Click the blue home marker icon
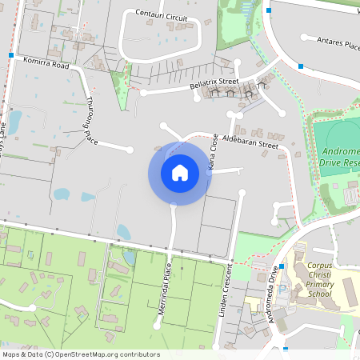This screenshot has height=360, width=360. coord(180,172)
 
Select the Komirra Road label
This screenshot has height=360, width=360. coord(46,64)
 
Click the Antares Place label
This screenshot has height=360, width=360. coord(338,44)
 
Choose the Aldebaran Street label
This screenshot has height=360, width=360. coord(250,142)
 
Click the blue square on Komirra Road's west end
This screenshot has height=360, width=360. coord(11,55)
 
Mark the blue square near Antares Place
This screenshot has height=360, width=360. coord(300,66)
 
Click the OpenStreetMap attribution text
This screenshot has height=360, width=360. coord(81,354)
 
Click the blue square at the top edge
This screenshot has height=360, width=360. coord(270,10)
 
